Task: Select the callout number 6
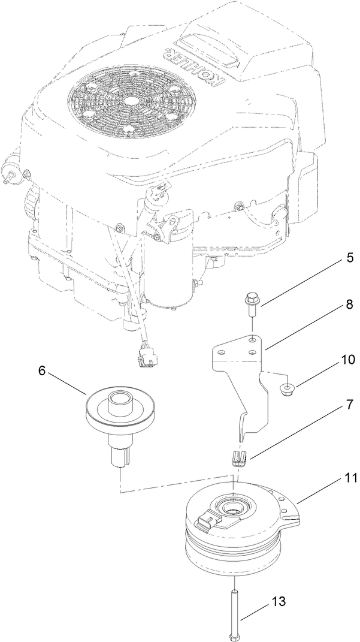pyautogui.click(x=42, y=370)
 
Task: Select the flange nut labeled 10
pyautogui.click(x=288, y=391)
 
